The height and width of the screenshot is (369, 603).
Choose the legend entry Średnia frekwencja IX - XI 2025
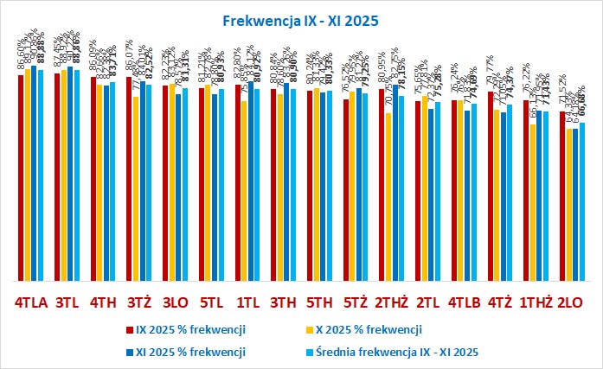(394, 352)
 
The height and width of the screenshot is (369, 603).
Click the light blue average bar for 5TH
(330, 186)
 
